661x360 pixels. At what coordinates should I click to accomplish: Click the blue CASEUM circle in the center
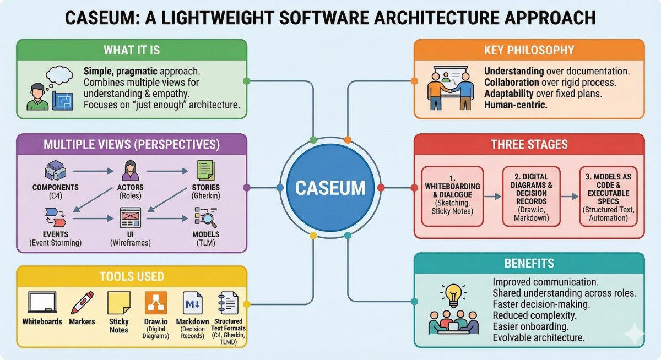(330, 188)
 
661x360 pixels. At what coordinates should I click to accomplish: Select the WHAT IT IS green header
(131, 50)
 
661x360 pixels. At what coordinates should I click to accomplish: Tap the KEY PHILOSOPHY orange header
(529, 50)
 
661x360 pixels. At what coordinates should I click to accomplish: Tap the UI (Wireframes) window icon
(131, 219)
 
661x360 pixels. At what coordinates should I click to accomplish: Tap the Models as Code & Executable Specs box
(608, 196)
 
